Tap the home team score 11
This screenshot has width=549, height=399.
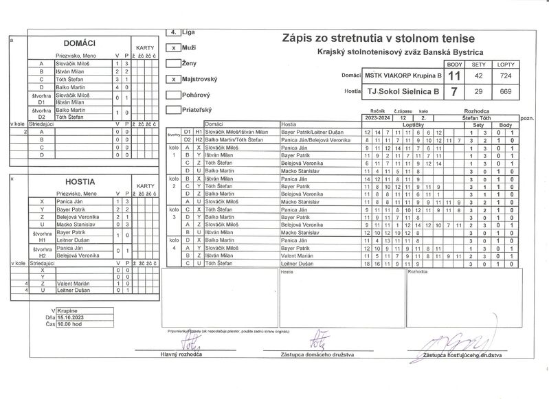tap(453, 75)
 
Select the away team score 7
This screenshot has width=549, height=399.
tap(453, 91)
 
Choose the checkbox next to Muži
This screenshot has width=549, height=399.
tap(175, 48)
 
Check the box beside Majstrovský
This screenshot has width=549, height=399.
tap(175, 79)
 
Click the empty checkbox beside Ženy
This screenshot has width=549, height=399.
tap(175, 64)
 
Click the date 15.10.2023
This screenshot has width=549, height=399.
tap(71, 317)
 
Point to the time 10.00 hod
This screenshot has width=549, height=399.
tap(69, 323)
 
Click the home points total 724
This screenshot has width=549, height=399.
tap(505, 75)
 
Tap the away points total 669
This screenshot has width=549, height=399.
tap(505, 91)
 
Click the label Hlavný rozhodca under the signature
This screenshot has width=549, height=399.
tap(180, 354)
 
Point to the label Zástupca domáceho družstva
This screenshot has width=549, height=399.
tap(317, 354)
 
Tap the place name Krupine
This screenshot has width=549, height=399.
tap(67, 310)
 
